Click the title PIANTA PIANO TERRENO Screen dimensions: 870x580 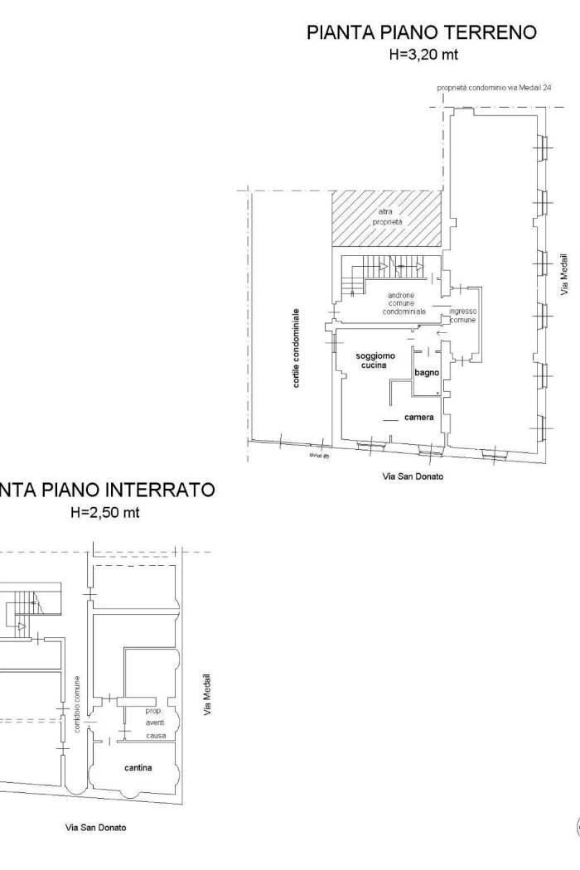[x=421, y=33]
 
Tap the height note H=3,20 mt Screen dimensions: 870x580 [x=423, y=55]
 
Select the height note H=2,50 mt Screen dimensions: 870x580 [x=105, y=512]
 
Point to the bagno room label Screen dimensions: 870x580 [x=427, y=374]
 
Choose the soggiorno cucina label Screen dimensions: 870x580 [x=375, y=360]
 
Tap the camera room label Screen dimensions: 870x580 [x=419, y=418]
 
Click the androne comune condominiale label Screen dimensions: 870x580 [x=404, y=303]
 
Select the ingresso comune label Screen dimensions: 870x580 [x=462, y=316]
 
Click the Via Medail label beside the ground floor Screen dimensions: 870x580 [x=564, y=280]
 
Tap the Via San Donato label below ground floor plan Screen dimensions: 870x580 [x=412, y=477]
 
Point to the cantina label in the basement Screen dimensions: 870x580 [x=138, y=767]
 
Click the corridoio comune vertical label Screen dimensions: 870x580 [x=77, y=704]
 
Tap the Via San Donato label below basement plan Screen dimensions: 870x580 [x=97, y=827]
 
